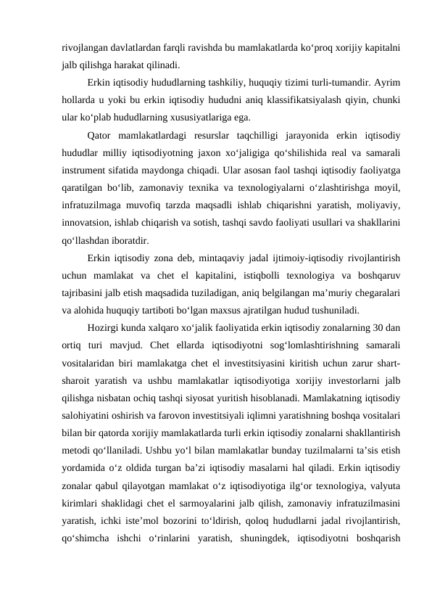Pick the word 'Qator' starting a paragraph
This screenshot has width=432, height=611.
[x=99, y=134]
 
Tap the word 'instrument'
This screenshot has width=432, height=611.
[x=86, y=168]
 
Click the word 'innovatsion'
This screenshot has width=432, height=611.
[x=86, y=221]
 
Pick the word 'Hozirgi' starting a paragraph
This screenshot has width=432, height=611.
[x=102, y=327]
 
